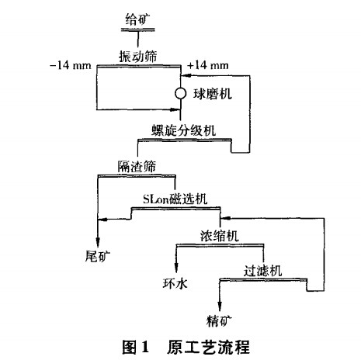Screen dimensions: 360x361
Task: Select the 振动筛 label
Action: [x=136, y=56]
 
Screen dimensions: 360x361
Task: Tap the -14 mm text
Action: [x=70, y=66]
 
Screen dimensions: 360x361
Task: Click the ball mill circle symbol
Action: [x=180, y=93]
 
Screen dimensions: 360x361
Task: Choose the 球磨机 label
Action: [x=215, y=94]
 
